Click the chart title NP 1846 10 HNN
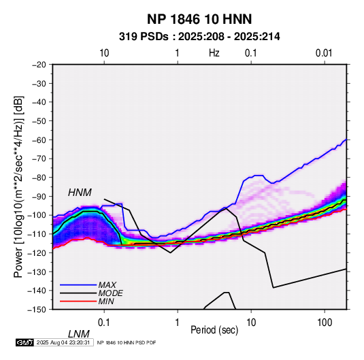(x=199, y=19)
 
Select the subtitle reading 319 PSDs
(x=144, y=37)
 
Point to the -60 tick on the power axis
(x=39, y=140)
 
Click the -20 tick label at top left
(x=39, y=65)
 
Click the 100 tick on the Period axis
(x=325, y=323)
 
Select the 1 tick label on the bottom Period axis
(x=178, y=323)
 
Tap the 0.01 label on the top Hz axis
(x=324, y=53)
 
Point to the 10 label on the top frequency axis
(x=104, y=53)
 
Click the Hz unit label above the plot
(x=214, y=53)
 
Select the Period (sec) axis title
(x=214, y=330)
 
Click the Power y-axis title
(x=18, y=186)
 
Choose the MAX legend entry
(x=107, y=285)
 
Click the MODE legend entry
(x=110, y=293)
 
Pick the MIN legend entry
(x=106, y=301)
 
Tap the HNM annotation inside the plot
(x=80, y=193)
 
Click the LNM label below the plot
(x=78, y=334)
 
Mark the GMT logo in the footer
(x=24, y=342)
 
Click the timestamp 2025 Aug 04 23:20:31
(x=63, y=342)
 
